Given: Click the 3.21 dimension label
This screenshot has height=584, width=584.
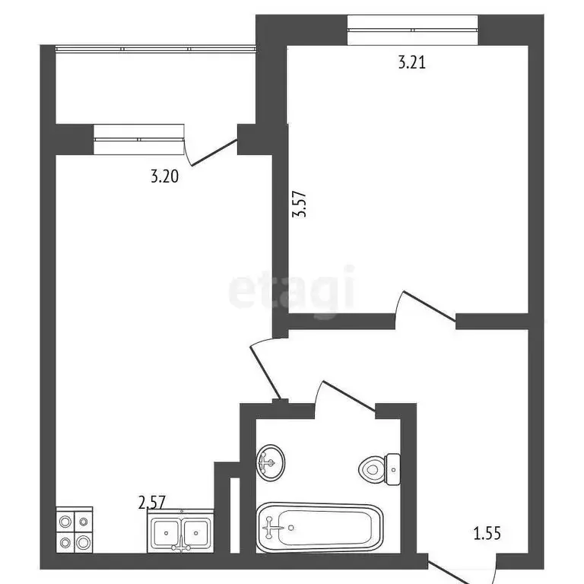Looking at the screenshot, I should [x=411, y=62].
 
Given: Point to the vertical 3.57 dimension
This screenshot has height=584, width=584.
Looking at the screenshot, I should [x=301, y=204].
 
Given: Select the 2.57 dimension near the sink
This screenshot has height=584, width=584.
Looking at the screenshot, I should [x=151, y=502].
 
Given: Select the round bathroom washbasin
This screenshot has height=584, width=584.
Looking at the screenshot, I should [x=270, y=462].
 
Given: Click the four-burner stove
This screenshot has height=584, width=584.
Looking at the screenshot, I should [x=74, y=531].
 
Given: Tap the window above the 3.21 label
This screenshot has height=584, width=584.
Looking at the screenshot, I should [x=412, y=29].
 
